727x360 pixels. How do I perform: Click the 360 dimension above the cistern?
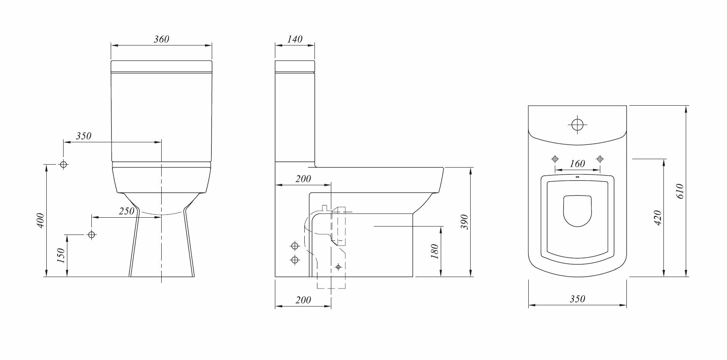pyautogui.click(x=161, y=39)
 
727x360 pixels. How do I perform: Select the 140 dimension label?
pyautogui.click(x=295, y=39)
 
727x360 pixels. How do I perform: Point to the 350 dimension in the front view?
pyautogui.click(x=83, y=136)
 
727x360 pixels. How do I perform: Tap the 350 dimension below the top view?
pyautogui.click(x=578, y=299)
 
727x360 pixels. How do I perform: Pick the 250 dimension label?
pyautogui.click(x=126, y=211)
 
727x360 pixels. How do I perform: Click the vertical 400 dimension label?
pyautogui.click(x=41, y=221)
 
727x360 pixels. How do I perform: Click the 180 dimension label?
pyautogui.click(x=435, y=251)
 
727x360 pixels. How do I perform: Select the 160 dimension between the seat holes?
pyautogui.click(x=578, y=164)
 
